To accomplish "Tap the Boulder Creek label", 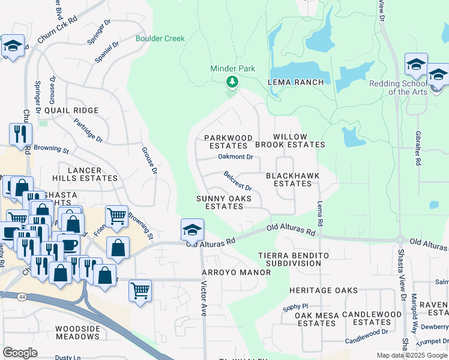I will [160, 38].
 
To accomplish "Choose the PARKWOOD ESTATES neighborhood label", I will [228, 142].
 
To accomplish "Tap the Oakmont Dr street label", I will [235, 157].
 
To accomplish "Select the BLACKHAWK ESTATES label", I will [292, 179].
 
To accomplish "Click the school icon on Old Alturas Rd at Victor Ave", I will [192, 230].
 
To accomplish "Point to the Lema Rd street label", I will [321, 214].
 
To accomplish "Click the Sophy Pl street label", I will [295, 306].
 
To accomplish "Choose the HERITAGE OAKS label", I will [324, 290].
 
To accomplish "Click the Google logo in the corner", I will [20, 353].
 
